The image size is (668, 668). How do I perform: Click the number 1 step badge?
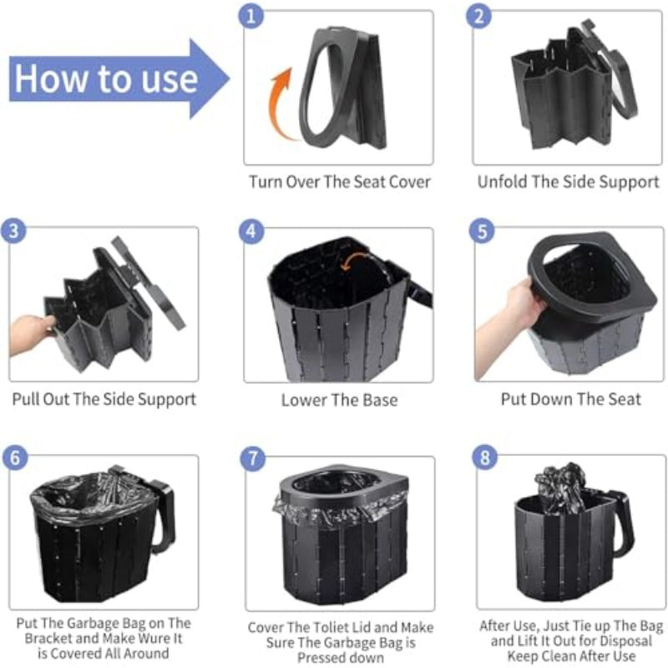(x=251, y=16)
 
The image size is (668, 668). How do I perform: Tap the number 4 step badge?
(x=251, y=231)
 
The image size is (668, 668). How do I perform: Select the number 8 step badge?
(x=485, y=457)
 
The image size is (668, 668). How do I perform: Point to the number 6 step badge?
(x=15, y=458)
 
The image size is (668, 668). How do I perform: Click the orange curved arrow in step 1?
(x=279, y=104)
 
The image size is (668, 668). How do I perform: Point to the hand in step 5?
(x=507, y=324)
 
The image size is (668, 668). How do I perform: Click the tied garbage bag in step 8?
(x=560, y=487)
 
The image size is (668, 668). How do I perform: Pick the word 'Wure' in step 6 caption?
(x=149, y=638)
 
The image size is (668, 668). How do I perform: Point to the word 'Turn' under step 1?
(x=265, y=182)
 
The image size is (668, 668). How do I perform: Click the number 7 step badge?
(x=253, y=458)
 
